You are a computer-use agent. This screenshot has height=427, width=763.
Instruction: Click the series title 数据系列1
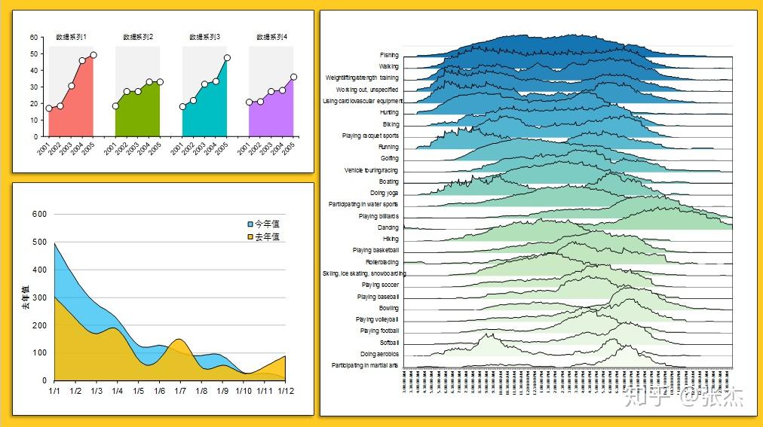point(72,37)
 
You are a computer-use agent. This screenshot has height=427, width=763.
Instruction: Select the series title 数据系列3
point(205,37)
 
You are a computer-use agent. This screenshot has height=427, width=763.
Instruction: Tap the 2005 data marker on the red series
point(93,55)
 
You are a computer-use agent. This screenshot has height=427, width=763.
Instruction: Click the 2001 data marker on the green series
point(115,106)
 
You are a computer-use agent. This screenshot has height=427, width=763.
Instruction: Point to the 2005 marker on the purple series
point(293,77)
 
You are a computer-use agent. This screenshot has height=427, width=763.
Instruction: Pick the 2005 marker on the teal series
point(227,58)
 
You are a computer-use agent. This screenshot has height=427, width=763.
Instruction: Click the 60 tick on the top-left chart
point(33,38)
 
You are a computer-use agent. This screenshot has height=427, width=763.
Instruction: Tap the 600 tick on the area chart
point(38,215)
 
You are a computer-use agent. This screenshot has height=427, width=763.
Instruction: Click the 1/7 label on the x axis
point(180,392)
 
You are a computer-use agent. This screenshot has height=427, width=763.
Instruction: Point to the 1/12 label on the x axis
point(286,392)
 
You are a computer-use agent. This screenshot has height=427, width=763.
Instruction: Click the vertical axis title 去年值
point(25,298)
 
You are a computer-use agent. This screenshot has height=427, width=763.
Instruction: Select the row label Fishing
point(389,55)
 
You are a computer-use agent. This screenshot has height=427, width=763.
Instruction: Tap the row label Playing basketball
point(375,250)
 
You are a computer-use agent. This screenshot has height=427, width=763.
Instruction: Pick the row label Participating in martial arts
point(364,365)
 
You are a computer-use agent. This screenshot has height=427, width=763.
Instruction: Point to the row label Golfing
point(390,159)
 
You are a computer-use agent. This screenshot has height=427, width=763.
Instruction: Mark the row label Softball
point(390,343)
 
